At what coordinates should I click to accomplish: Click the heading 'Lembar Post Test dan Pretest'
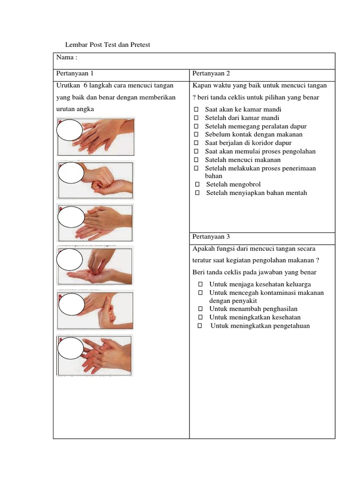107,45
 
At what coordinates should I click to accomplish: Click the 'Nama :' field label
67,57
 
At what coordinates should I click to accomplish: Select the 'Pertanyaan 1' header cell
75,74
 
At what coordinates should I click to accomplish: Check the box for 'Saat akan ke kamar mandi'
196,110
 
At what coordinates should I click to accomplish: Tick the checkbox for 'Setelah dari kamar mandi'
196,118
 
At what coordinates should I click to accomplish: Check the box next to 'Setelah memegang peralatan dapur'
196,127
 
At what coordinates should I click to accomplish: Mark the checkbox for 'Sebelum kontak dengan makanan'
196,135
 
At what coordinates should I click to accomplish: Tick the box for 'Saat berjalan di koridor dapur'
196,143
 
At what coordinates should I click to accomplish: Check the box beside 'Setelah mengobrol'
197,185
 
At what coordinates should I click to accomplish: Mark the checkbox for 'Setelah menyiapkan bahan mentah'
197,193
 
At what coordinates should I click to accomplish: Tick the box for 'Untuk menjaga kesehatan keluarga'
200,285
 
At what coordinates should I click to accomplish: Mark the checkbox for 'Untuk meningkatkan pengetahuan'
200,326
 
